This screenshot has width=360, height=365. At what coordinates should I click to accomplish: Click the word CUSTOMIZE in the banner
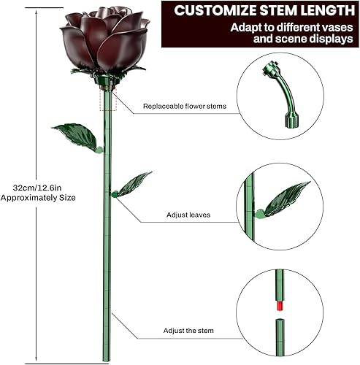215,12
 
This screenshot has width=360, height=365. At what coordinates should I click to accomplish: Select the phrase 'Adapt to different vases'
291,27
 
